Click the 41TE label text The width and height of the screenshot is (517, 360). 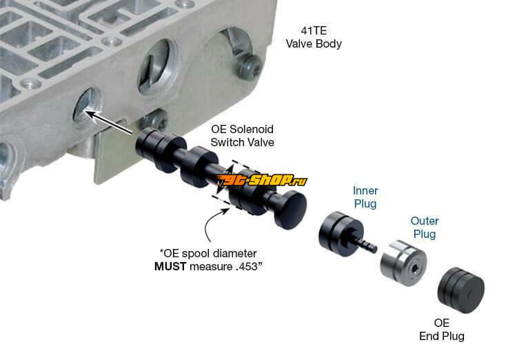pyautogui.click(x=314, y=31)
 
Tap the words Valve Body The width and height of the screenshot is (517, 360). pyautogui.click(x=314, y=43)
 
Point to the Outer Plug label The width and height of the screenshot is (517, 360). pyautogui.click(x=425, y=228)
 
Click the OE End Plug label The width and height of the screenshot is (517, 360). pyautogui.click(x=442, y=330)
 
